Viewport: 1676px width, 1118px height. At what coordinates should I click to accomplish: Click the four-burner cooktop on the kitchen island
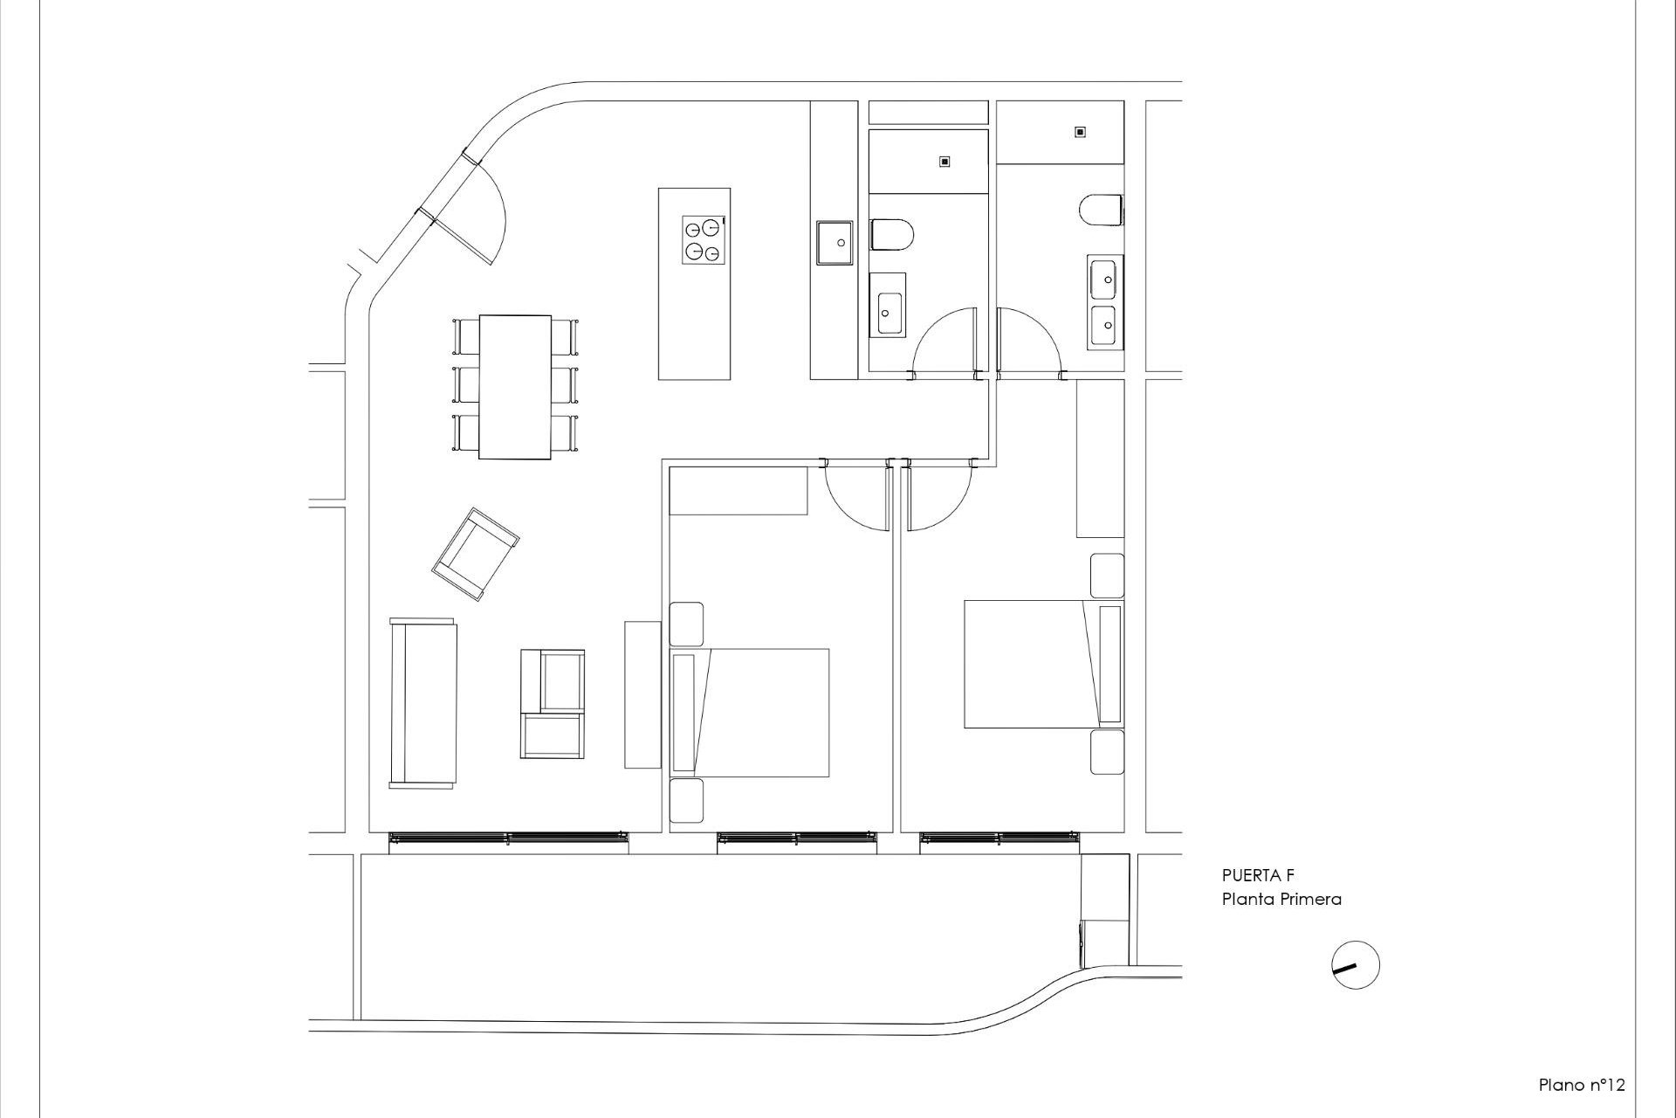704,240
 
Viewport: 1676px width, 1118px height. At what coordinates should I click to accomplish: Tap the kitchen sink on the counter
835,242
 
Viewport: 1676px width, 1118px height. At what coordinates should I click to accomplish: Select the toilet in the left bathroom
891,235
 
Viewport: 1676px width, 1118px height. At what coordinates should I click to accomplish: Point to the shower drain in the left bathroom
944,162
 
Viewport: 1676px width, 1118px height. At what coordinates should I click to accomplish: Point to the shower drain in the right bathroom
1080,132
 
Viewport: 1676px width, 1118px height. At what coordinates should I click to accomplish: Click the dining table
515,386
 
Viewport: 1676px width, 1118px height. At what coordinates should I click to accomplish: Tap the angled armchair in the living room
476,554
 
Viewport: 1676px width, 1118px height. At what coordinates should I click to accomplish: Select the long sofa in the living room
423,703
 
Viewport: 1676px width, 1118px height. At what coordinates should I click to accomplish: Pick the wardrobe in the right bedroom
1100,459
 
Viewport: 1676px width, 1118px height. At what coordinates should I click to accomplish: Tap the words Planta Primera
1281,899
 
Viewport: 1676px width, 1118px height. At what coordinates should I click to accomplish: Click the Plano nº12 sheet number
1581,1085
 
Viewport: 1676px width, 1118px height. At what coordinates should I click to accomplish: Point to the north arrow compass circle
1356,965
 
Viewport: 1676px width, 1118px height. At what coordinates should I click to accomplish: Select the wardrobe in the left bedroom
738,492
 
